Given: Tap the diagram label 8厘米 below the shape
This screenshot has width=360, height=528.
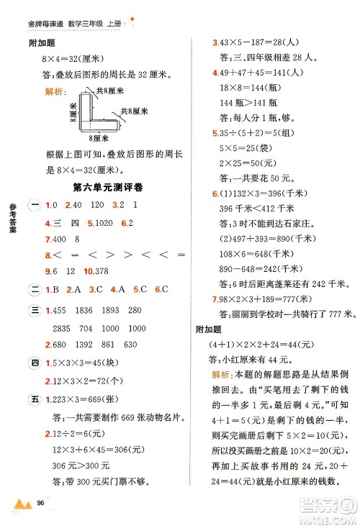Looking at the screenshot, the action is [x=94, y=137].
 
